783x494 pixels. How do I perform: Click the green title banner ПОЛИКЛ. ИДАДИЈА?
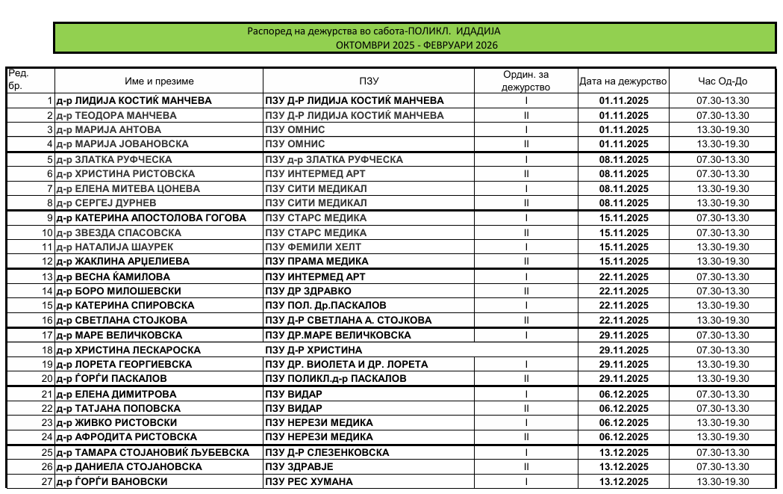416,38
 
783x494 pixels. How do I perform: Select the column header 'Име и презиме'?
159,81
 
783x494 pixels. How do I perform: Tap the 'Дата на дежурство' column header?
623,81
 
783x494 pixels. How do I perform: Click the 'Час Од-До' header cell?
722,81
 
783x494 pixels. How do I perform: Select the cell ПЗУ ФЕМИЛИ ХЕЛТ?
313,247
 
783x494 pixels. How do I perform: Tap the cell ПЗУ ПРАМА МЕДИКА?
317,262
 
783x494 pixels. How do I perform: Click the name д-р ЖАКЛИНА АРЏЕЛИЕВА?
122,262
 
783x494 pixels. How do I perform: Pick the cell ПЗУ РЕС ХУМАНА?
309,481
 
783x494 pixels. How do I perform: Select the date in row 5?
623,159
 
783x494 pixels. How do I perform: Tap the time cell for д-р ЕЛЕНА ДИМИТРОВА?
722,394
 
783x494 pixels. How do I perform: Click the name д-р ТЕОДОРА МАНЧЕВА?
116,115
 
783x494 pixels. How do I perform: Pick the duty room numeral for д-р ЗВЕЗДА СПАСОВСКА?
526,232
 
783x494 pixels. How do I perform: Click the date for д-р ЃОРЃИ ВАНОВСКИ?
623,481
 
